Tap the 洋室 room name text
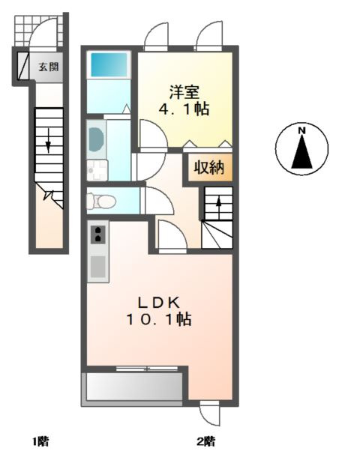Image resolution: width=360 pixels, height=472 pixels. pos(184,92)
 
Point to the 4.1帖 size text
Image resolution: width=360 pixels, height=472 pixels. pos(184,109)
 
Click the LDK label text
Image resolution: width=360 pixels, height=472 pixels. pos(158,303)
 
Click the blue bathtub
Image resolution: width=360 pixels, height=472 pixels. pos(109,64)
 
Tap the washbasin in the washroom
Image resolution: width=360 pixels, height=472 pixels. pos(97,139)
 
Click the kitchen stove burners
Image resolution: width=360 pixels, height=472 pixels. pos(97,236)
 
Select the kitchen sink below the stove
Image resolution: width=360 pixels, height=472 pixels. pos(97,265)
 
